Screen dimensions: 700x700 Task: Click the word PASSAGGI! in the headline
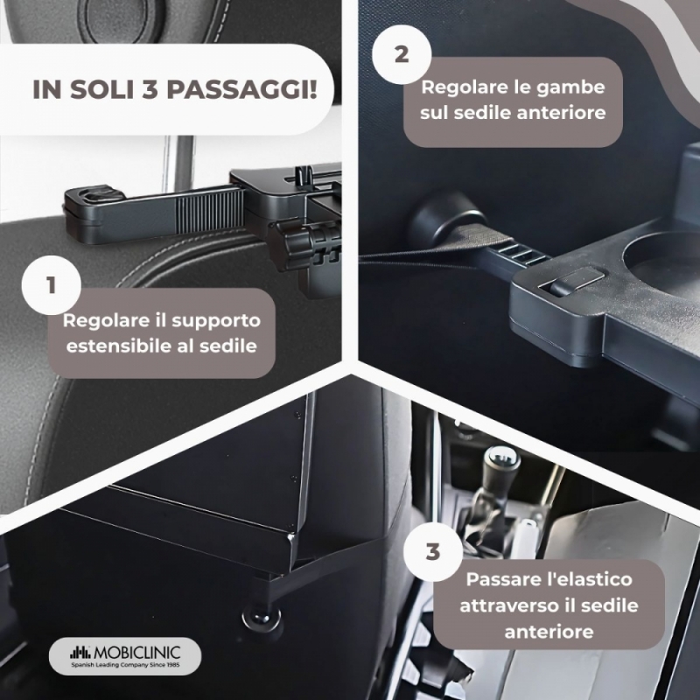coord(241,89)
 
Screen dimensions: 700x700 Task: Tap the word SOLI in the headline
coord(101,89)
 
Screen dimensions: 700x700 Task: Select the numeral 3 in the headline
coord(150,89)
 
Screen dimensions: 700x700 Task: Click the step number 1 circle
coord(52,285)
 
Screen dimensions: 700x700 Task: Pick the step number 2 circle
coord(402,54)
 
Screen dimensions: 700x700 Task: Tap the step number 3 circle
coord(432,552)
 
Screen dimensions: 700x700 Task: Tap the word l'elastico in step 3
coord(589,579)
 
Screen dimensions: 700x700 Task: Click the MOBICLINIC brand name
coord(137,653)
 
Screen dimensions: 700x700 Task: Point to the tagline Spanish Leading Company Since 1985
coord(125,665)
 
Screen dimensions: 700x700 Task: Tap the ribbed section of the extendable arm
coord(209,213)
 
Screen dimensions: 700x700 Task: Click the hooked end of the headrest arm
coord(94,195)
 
